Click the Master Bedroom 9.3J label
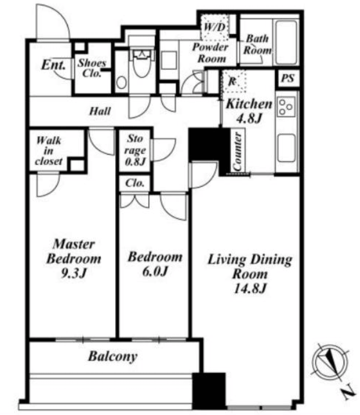(74, 258)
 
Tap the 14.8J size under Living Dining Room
(250, 288)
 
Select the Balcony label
(113, 356)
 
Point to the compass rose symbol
(330, 362)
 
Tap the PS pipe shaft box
(288, 78)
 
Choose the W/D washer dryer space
(215, 27)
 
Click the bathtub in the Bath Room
(286, 42)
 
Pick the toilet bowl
(142, 63)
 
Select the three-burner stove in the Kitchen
(286, 107)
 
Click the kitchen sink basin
(287, 148)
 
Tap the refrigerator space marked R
(233, 81)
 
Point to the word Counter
(237, 151)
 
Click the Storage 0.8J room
(135, 150)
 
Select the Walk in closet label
(49, 151)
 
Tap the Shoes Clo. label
(92, 68)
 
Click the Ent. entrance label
(53, 64)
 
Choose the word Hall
(100, 111)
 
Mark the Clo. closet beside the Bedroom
(135, 183)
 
